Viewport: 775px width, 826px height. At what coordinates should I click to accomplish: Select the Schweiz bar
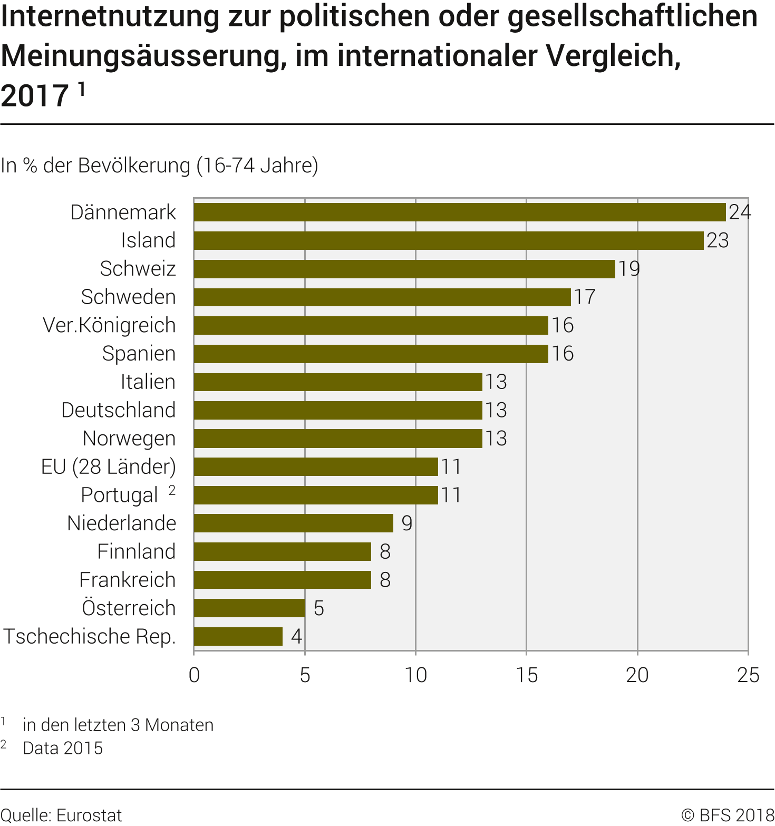tap(404, 269)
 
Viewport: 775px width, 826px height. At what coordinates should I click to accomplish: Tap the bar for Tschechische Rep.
tap(238, 636)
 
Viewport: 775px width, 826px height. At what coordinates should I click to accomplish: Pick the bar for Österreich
tap(249, 608)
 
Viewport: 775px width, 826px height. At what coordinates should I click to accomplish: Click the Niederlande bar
tap(293, 523)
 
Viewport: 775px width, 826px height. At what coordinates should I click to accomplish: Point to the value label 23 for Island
tap(718, 240)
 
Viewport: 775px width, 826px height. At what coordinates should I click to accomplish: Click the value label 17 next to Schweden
tap(585, 297)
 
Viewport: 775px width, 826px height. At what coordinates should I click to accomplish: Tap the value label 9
tap(406, 523)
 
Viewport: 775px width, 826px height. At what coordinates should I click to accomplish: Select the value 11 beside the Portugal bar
tap(451, 495)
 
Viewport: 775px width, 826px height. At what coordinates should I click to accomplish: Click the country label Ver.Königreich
tap(109, 325)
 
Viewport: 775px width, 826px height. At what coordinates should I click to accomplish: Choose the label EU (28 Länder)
tap(109, 467)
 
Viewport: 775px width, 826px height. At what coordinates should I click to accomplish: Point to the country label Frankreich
tap(127, 580)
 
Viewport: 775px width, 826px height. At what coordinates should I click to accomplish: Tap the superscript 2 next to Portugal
tap(172, 490)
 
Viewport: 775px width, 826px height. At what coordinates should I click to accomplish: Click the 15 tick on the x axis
tap(527, 675)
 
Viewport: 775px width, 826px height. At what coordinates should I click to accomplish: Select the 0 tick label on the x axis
tap(194, 675)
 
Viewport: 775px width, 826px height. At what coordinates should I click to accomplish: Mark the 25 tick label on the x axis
tap(748, 675)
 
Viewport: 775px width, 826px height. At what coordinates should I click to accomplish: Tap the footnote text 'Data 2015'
tap(63, 748)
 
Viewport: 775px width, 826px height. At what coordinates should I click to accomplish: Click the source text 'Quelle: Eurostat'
tap(61, 815)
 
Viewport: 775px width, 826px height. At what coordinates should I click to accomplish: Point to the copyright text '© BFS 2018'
tap(728, 815)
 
